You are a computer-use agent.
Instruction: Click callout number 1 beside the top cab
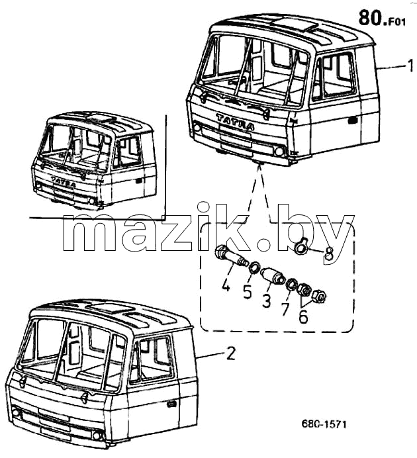tap(411, 66)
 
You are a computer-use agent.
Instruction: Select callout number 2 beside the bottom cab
tap(231, 353)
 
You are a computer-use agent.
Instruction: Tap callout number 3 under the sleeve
tap(266, 300)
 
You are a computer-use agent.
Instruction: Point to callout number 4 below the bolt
tap(226, 284)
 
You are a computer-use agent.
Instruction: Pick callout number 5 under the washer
tap(247, 292)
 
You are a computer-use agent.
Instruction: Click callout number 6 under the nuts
tap(303, 316)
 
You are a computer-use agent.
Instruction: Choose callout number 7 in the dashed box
tap(285, 309)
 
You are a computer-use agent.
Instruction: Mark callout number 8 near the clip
tap(328, 253)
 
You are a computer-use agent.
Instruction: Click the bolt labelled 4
tap(230, 256)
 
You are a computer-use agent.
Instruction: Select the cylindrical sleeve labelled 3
tap(273, 276)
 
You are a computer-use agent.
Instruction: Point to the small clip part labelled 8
tap(301, 245)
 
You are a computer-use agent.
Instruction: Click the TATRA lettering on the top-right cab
tap(235, 122)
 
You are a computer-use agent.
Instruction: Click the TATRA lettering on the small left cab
tap(63, 181)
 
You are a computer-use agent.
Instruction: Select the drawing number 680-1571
tap(324, 424)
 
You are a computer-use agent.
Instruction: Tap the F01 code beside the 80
tap(397, 23)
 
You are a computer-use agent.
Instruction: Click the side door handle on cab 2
tap(171, 404)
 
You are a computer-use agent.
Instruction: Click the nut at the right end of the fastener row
tap(319, 297)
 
